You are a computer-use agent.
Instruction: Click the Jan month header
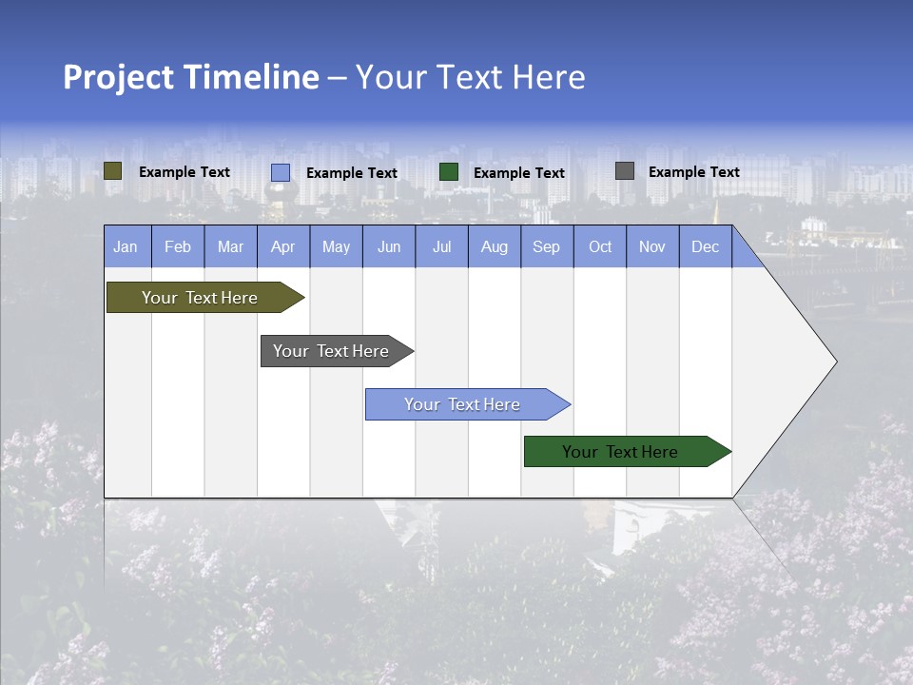pyautogui.click(x=126, y=246)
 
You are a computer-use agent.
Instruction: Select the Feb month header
pyautogui.click(x=178, y=246)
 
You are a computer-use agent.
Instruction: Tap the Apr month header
pyautogui.click(x=283, y=246)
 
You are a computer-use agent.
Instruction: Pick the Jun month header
pyautogui.click(x=389, y=246)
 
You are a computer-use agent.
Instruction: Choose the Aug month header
pyautogui.click(x=495, y=246)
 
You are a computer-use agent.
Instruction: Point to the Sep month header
pyautogui.click(x=547, y=246)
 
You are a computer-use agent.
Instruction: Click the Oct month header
pyautogui.click(x=600, y=246)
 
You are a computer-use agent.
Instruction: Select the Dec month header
pyautogui.click(x=706, y=246)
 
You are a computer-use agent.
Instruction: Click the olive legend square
pyautogui.click(x=113, y=171)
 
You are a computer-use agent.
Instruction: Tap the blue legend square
pyautogui.click(x=281, y=172)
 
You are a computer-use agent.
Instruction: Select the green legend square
pyautogui.click(x=449, y=171)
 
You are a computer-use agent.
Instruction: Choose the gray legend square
pyautogui.click(x=625, y=171)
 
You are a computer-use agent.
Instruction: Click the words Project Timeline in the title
pyautogui.click(x=190, y=77)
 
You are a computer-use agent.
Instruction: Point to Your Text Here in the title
pyautogui.click(x=470, y=77)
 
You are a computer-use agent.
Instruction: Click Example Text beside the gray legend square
pyautogui.click(x=693, y=171)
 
